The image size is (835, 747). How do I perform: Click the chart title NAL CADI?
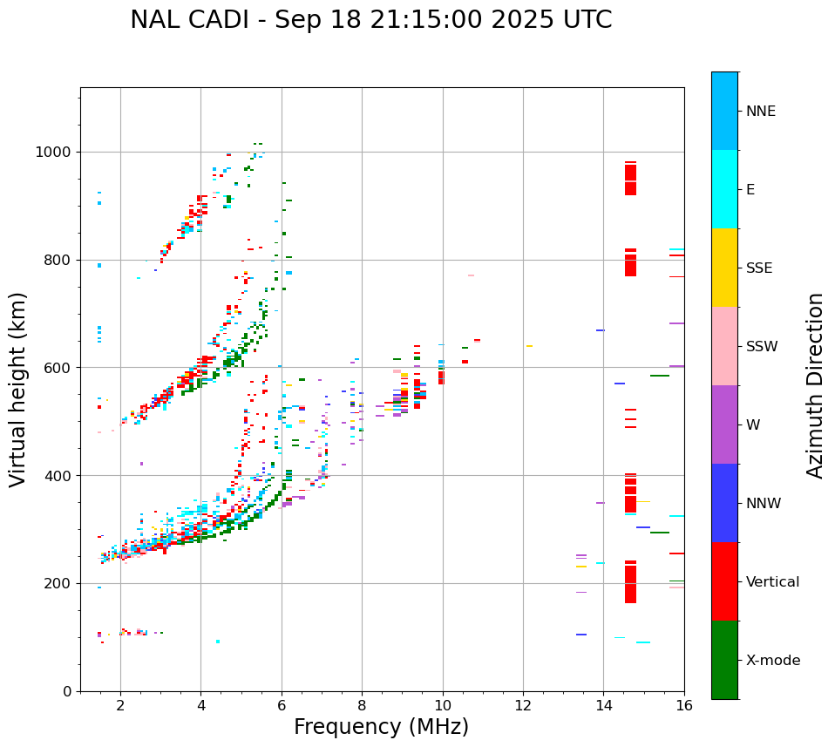point(370,20)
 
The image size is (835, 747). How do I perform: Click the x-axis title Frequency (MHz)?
point(381,727)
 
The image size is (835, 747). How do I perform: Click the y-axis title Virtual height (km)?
point(18,390)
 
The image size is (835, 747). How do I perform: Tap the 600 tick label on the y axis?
point(59,368)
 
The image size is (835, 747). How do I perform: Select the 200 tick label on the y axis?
point(59,583)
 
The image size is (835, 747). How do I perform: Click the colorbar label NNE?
point(760,112)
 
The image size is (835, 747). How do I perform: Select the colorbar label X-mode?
point(772,661)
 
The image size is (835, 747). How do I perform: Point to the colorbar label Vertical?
point(772,582)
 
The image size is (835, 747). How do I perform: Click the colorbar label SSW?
point(762,347)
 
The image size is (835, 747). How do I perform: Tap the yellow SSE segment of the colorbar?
point(724,268)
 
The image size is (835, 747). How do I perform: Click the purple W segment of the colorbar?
point(724,424)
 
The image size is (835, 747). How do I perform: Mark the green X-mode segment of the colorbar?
point(724,660)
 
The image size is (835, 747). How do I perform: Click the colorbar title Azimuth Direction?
point(815,385)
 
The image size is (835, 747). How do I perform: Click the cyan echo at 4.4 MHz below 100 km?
point(217,642)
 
